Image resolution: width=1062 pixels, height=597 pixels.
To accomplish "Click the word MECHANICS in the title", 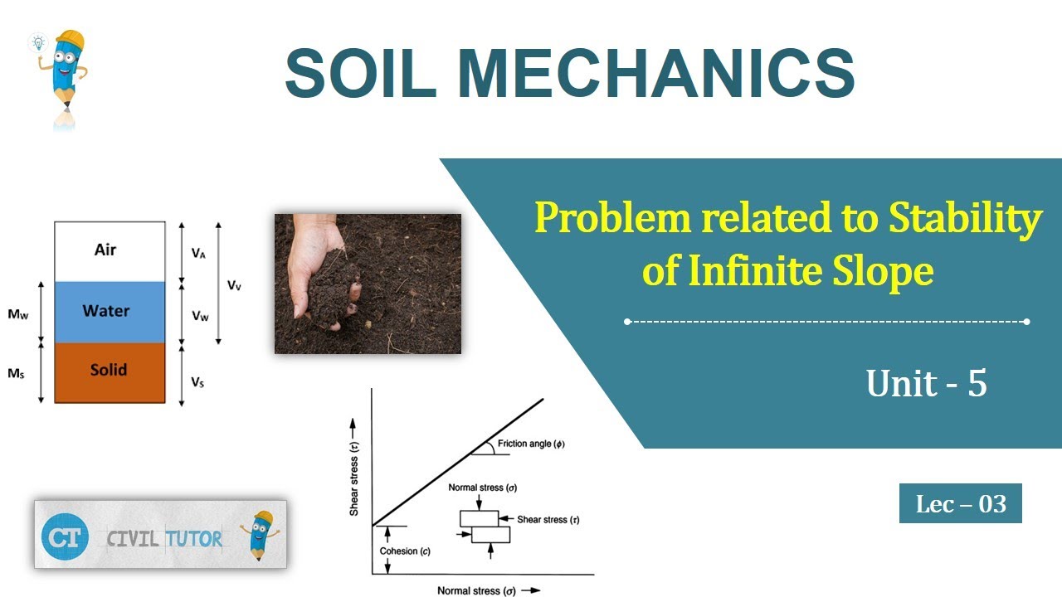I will point(655,74).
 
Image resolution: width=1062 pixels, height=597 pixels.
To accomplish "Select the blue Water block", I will point(109,312).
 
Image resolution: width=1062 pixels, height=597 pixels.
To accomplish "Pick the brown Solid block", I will point(109,371).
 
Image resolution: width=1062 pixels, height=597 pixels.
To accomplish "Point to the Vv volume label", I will point(236,285).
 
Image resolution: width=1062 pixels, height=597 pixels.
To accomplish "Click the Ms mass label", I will point(16,374).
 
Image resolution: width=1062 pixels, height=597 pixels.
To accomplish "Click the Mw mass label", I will point(18,316).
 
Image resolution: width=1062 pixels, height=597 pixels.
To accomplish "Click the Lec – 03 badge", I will point(960,503).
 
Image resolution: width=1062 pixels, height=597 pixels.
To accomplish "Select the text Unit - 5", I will point(926,383).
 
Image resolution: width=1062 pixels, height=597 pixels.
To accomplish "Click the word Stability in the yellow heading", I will point(965,219).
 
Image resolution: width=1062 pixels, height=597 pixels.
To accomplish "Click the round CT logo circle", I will point(65,537).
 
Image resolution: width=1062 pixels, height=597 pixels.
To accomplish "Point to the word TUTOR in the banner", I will point(193,539).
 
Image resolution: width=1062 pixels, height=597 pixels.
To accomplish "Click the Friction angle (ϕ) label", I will point(531,444).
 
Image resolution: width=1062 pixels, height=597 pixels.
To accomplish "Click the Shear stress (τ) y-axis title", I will point(354,471).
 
